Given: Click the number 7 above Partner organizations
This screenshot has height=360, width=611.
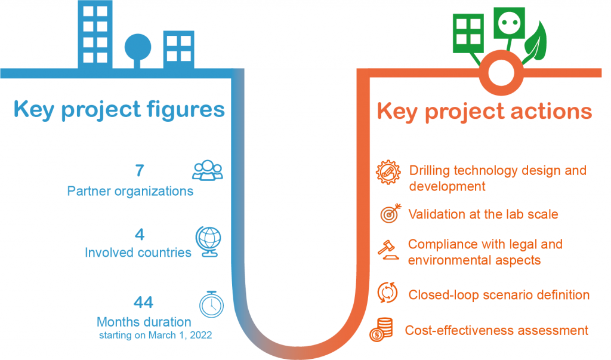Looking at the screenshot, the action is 140,170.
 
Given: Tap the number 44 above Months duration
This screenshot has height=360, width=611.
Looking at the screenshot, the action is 143,302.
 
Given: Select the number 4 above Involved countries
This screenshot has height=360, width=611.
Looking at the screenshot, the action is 140,235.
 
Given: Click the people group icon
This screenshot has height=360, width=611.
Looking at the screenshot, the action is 208,170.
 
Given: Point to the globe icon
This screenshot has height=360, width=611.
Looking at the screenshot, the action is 208,242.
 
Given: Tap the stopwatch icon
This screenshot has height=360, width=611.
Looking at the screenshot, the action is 212,304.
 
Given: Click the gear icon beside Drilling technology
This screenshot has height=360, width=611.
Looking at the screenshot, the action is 388,172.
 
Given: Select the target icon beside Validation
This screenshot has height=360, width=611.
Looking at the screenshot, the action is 391,213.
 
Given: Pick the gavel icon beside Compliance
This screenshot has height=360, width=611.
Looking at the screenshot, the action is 388,250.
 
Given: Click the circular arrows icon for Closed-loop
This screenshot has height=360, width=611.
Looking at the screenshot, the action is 387,293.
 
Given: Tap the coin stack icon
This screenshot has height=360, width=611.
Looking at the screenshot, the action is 381,330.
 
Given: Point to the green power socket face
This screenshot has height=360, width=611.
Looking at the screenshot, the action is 510,23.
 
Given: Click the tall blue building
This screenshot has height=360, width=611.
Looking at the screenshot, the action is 95,34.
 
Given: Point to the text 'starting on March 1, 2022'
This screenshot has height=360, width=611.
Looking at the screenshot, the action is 156,335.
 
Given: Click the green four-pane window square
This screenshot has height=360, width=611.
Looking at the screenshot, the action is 468,33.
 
